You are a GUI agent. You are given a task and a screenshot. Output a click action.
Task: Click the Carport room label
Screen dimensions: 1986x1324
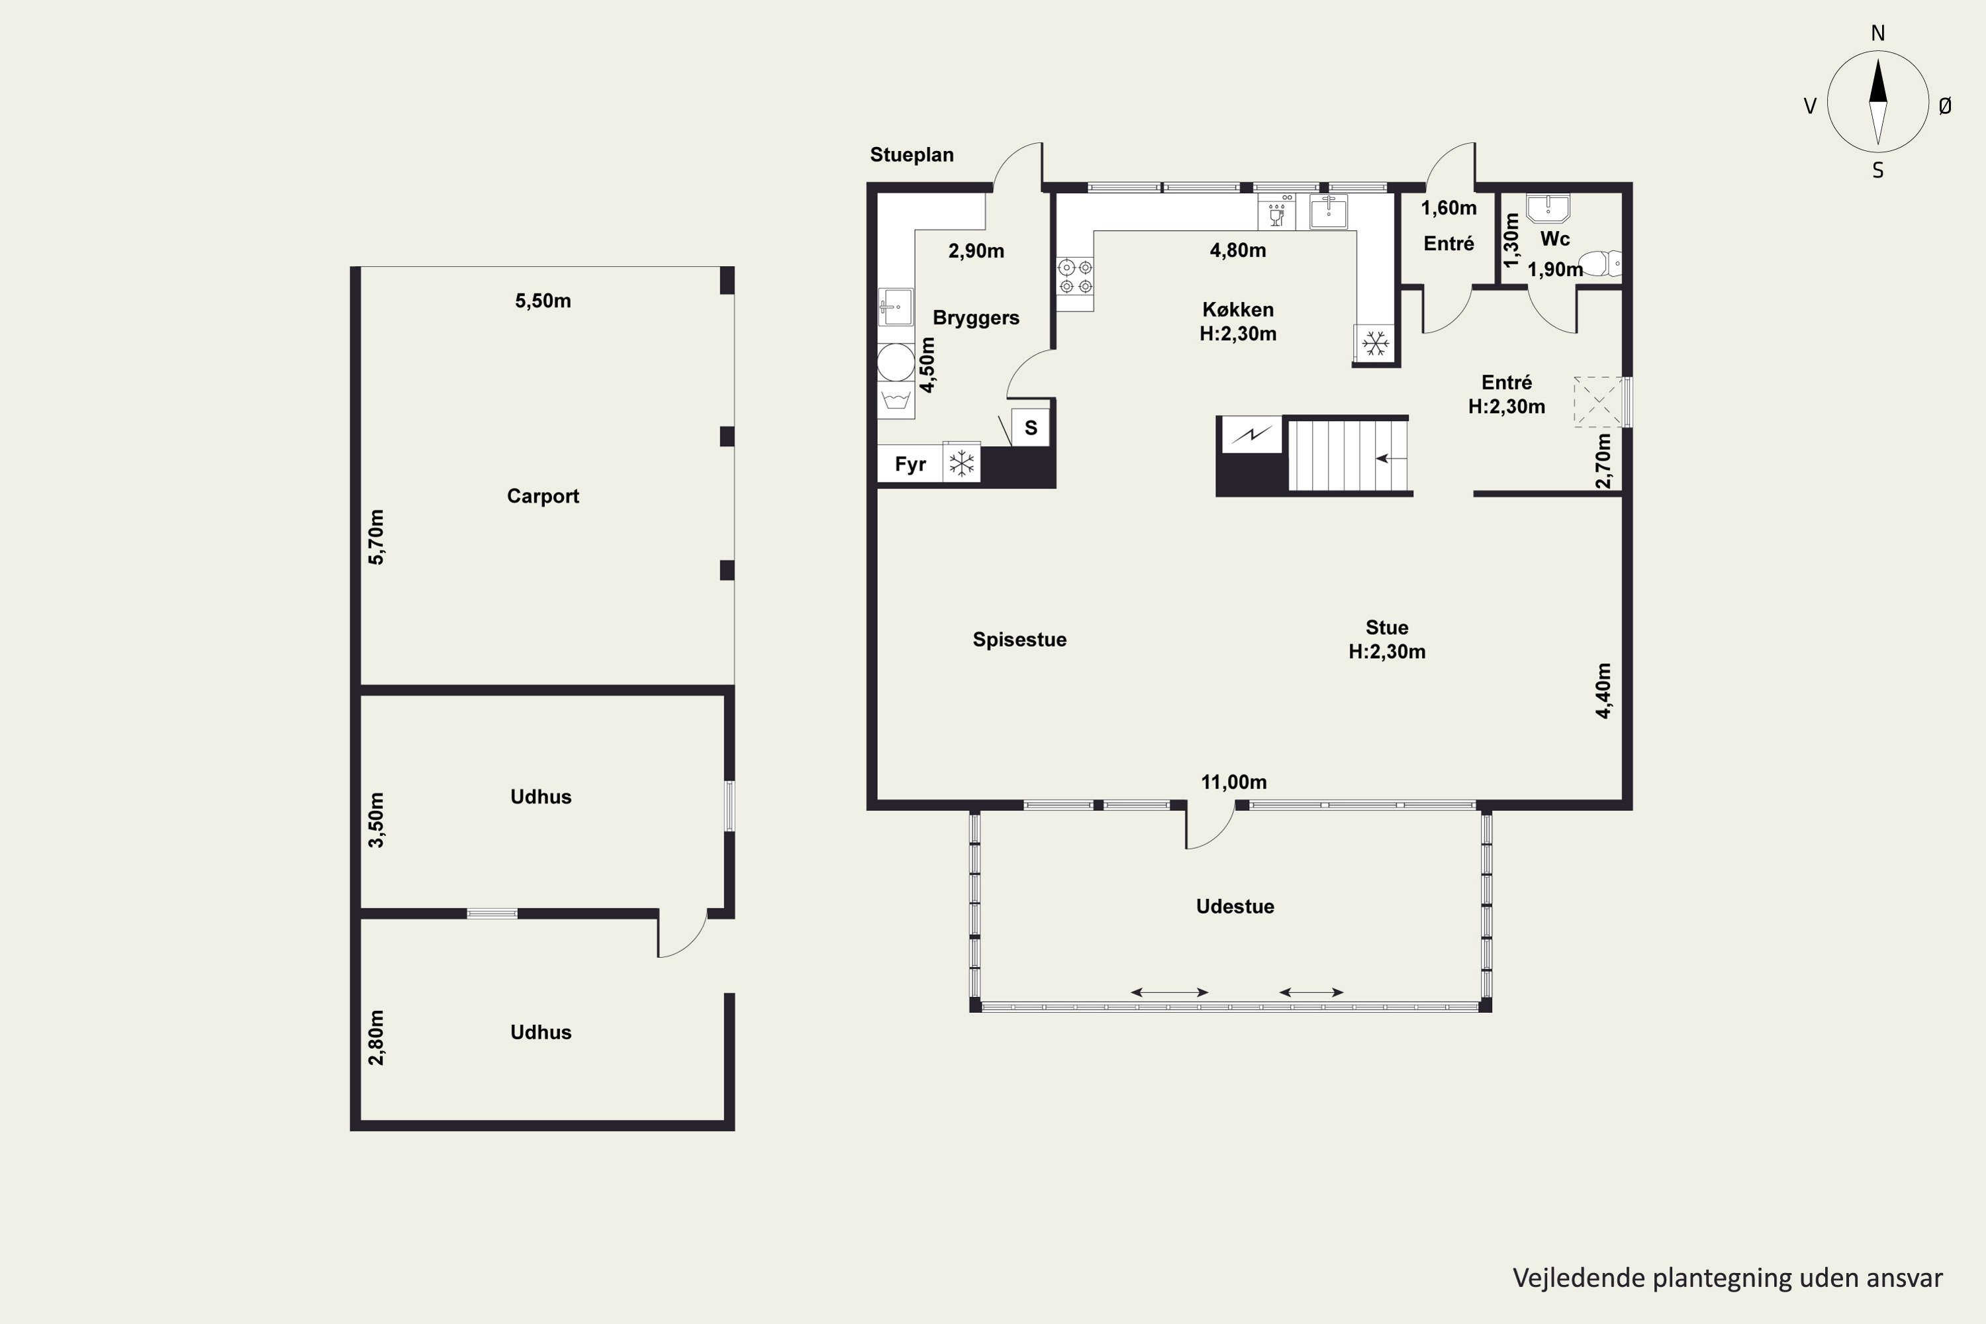[542, 496]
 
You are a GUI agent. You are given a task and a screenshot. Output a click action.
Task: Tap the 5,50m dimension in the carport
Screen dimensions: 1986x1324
[543, 301]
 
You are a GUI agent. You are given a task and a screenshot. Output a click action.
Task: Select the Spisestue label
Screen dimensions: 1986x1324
[1019, 639]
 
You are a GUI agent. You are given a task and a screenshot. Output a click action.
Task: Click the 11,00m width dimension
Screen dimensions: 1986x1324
[1234, 782]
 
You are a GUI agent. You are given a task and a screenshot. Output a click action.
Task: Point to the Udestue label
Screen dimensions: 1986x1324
[1235, 906]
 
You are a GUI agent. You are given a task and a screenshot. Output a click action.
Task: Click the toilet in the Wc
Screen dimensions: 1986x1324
[1600, 263]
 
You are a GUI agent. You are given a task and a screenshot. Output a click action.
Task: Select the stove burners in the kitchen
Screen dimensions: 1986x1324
[1075, 276]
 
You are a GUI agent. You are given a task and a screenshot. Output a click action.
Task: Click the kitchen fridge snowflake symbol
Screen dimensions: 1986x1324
[1376, 343]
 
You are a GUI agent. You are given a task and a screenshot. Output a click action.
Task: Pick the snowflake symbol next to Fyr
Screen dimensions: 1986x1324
[961, 463]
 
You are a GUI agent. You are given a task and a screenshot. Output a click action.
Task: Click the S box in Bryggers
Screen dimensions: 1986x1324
[1030, 427]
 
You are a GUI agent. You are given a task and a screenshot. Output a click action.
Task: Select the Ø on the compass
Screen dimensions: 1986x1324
[1945, 105]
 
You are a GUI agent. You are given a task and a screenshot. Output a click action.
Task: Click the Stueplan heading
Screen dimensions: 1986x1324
[912, 154]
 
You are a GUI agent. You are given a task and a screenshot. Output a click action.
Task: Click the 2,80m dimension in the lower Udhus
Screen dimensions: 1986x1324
[377, 1038]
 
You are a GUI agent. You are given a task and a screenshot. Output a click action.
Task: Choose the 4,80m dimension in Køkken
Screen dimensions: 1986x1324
[1238, 250]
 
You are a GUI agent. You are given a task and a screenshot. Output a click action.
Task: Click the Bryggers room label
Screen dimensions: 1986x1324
[976, 318]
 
